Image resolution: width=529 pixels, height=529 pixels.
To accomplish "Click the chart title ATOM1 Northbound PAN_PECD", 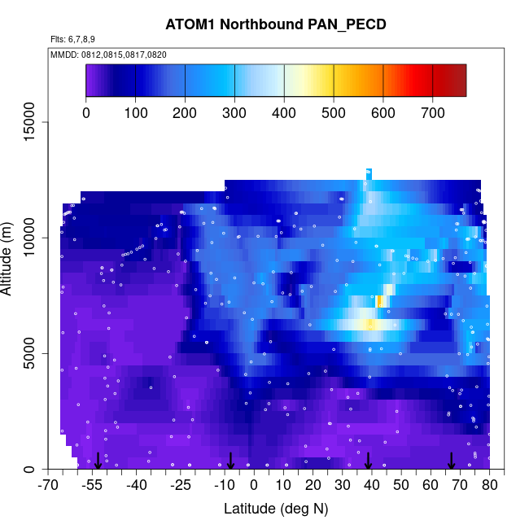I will pos(275,24).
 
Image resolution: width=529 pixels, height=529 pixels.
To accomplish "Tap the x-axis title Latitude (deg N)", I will pos(275,509).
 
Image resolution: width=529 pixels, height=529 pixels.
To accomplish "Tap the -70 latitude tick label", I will pos(50,486).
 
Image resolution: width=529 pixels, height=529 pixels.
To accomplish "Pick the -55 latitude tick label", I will pos(94,486).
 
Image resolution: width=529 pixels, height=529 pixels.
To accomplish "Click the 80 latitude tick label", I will pos(490,486).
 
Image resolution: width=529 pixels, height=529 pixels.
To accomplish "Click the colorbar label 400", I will pos(284,112).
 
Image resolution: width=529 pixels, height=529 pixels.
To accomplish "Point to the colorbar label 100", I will pos(135,112).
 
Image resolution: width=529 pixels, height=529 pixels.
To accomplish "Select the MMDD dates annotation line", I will pos(109,54).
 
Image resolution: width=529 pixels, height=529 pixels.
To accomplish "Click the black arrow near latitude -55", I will pos(98,461).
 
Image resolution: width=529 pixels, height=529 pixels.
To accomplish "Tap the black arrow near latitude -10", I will pos(230,461).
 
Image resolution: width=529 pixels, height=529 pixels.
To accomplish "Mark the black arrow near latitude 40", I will pos(368,461).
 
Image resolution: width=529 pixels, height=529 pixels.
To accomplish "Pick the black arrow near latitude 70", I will pos(451,461).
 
